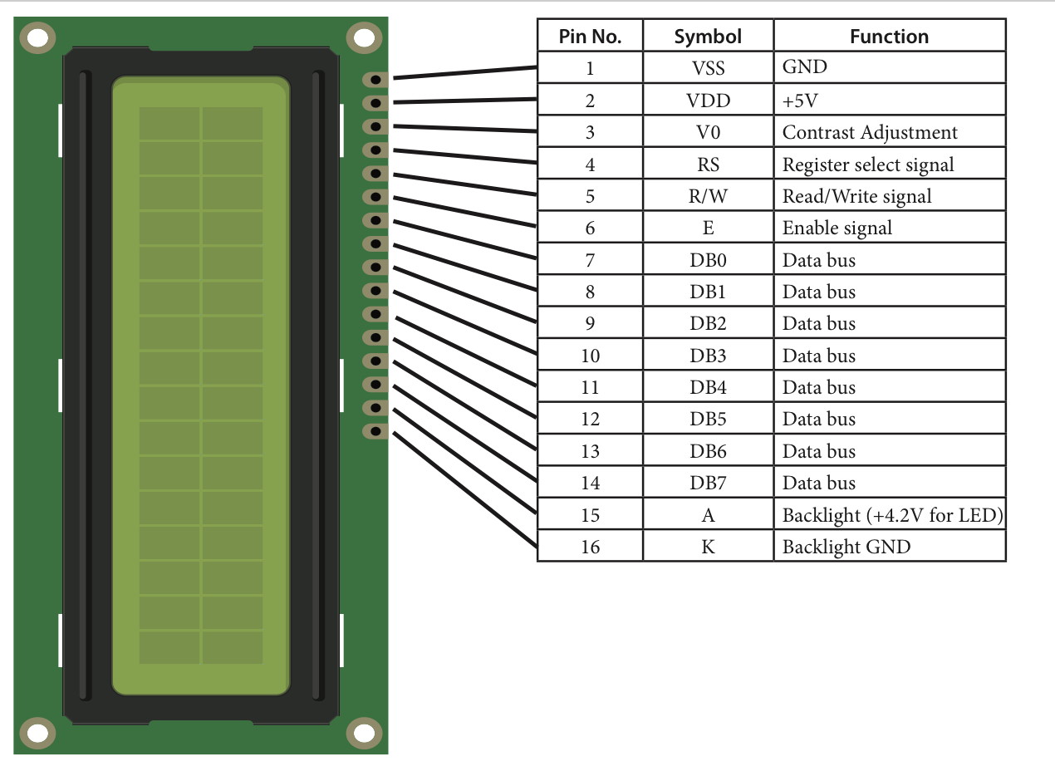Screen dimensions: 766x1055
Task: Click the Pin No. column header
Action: click(x=590, y=37)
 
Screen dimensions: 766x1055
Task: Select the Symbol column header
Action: click(x=708, y=37)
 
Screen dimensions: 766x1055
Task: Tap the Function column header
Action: click(x=889, y=37)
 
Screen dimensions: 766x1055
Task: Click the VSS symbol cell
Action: click(x=708, y=68)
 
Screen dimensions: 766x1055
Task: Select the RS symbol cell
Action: click(x=708, y=164)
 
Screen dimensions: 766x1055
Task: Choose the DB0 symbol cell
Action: click(x=708, y=260)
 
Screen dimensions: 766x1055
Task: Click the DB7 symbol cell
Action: click(x=708, y=484)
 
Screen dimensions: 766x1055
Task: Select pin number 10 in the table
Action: click(x=590, y=356)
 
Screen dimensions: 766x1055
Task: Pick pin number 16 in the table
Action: click(x=590, y=547)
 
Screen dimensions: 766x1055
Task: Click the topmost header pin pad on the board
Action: click(x=375, y=80)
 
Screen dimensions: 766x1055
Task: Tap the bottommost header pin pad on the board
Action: click(x=375, y=431)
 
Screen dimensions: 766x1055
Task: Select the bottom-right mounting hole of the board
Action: click(x=363, y=733)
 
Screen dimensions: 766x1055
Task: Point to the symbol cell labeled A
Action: click(x=708, y=515)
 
